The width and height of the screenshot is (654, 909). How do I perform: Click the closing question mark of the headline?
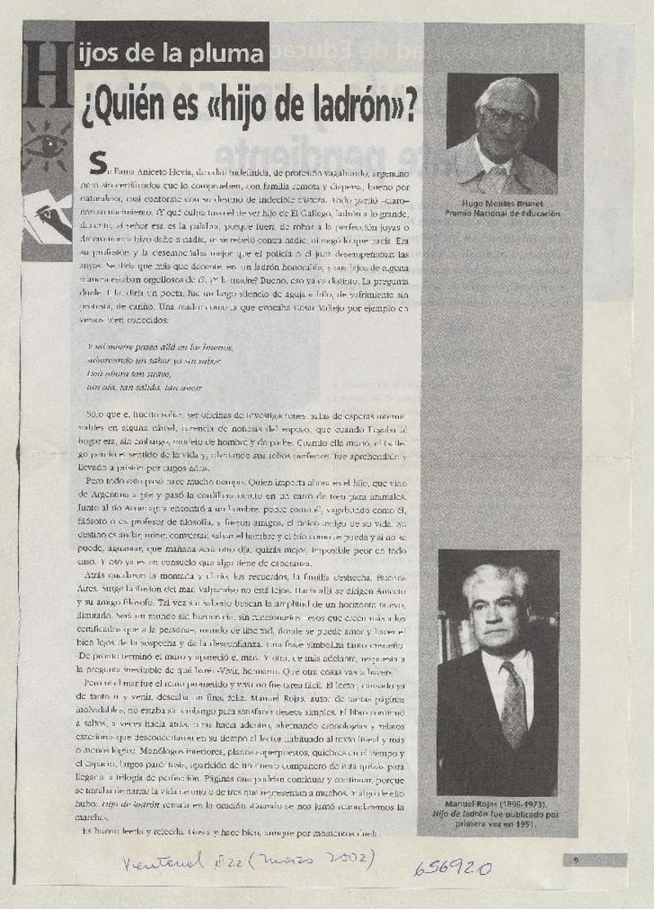409,102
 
